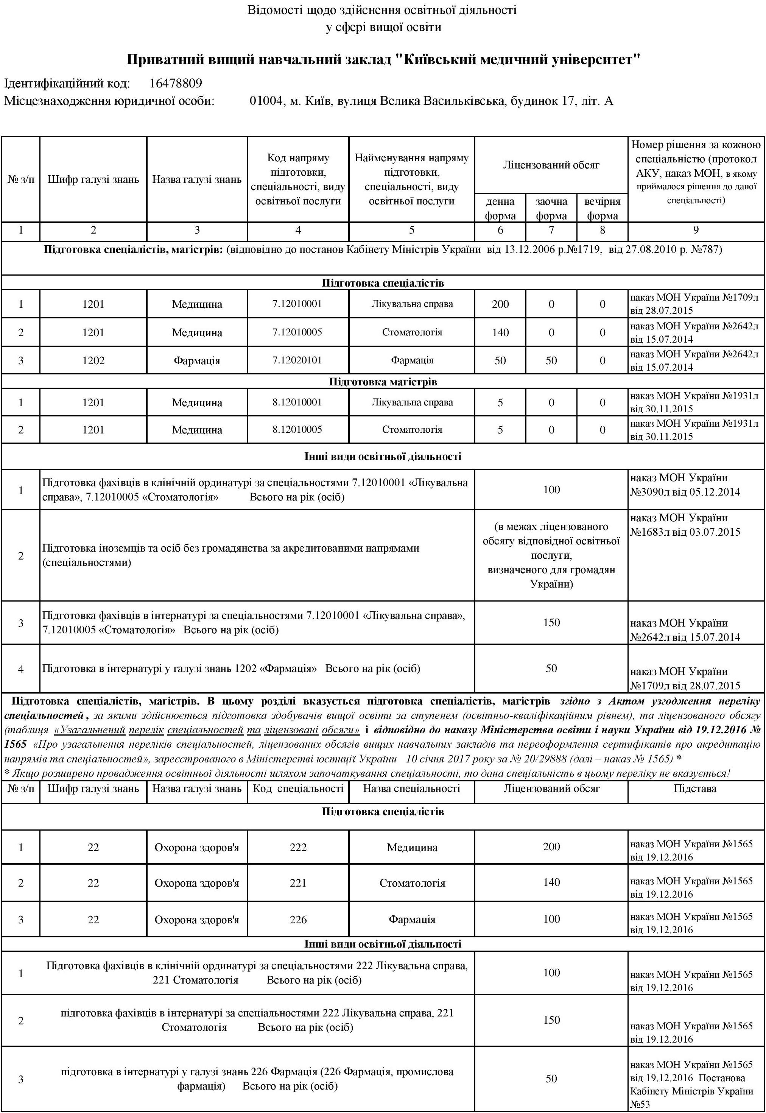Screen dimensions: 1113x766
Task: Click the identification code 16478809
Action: pos(175,84)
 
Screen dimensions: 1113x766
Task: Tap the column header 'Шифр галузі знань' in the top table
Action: pos(93,180)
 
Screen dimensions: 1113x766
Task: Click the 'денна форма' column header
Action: pos(500,208)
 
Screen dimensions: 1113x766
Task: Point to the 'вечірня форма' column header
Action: pos(603,208)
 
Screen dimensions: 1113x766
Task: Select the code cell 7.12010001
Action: pos(297,304)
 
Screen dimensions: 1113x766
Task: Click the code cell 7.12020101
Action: pos(297,360)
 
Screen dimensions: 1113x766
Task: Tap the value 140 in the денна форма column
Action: pos(500,332)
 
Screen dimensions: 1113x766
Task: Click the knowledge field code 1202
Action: pos(93,360)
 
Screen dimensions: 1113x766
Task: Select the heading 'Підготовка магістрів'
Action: pos(383,382)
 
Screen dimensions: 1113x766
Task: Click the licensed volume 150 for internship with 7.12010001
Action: pos(551,622)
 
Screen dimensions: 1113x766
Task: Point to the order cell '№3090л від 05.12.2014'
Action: pos(685,491)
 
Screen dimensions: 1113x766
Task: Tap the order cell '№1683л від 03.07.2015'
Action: pos(685,532)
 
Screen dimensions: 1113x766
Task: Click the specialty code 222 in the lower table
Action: pos(298,848)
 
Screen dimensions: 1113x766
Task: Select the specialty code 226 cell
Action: pos(298,920)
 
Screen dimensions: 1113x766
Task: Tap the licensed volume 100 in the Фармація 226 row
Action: pos(551,919)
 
